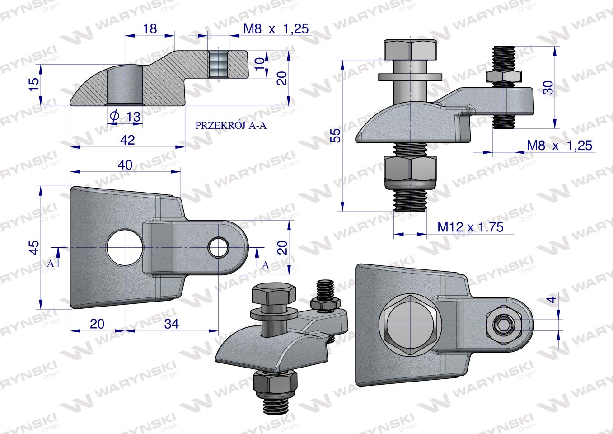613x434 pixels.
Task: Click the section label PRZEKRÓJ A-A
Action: (x=231, y=125)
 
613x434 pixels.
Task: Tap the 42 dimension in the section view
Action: (x=127, y=140)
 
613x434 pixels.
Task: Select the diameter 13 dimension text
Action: (x=126, y=117)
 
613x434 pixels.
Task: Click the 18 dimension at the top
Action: (x=150, y=28)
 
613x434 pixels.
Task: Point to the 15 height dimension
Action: (x=34, y=85)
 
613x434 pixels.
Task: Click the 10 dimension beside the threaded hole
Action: (x=260, y=64)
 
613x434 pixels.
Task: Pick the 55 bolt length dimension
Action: (x=336, y=135)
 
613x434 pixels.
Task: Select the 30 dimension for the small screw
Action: (x=548, y=88)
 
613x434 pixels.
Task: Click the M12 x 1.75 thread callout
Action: (x=470, y=227)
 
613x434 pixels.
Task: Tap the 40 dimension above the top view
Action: (x=125, y=165)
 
